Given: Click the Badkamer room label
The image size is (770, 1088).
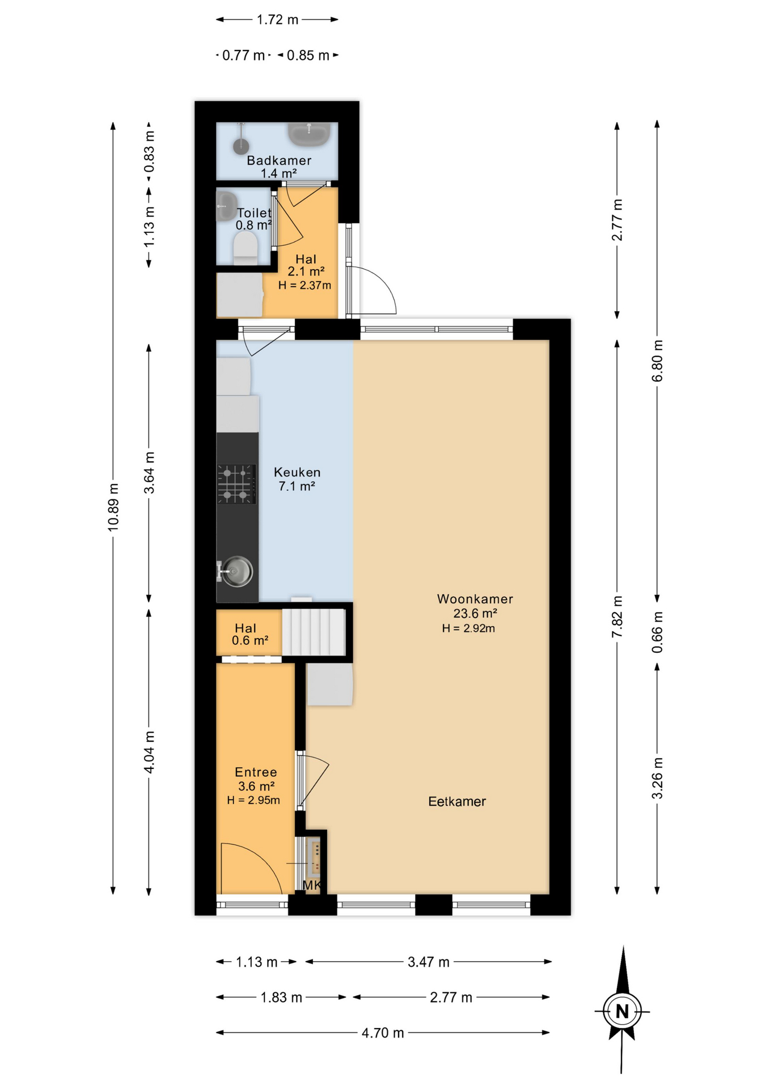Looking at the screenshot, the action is [279, 160].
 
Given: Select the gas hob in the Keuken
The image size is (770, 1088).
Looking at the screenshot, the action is [236, 484].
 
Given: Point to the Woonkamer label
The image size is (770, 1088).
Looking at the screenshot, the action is [475, 599].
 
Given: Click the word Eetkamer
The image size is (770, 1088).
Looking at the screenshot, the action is [457, 801].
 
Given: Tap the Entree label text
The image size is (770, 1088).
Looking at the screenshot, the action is [256, 772].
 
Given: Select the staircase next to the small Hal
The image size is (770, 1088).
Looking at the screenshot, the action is [314, 632].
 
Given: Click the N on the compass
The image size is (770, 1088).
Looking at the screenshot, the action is [623, 1011].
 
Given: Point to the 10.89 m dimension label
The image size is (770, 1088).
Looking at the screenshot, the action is [113, 507].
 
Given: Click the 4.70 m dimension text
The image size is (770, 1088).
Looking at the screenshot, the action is [383, 1032].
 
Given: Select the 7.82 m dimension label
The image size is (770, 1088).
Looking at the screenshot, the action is [617, 617].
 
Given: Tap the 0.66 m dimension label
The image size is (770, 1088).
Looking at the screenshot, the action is [657, 632].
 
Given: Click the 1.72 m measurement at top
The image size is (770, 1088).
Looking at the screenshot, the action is [277, 20].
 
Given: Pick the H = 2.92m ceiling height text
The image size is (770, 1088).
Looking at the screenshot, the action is [468, 628].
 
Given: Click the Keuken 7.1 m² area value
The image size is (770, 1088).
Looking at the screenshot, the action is [297, 486].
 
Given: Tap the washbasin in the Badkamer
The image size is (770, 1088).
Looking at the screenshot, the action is [309, 134].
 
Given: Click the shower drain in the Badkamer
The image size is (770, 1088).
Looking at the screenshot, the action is [241, 147].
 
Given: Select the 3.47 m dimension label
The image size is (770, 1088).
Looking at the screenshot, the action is [429, 962].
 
